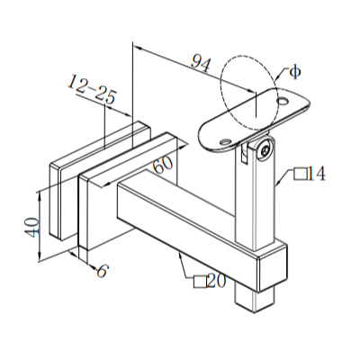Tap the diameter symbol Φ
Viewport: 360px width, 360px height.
[x=292, y=71]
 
